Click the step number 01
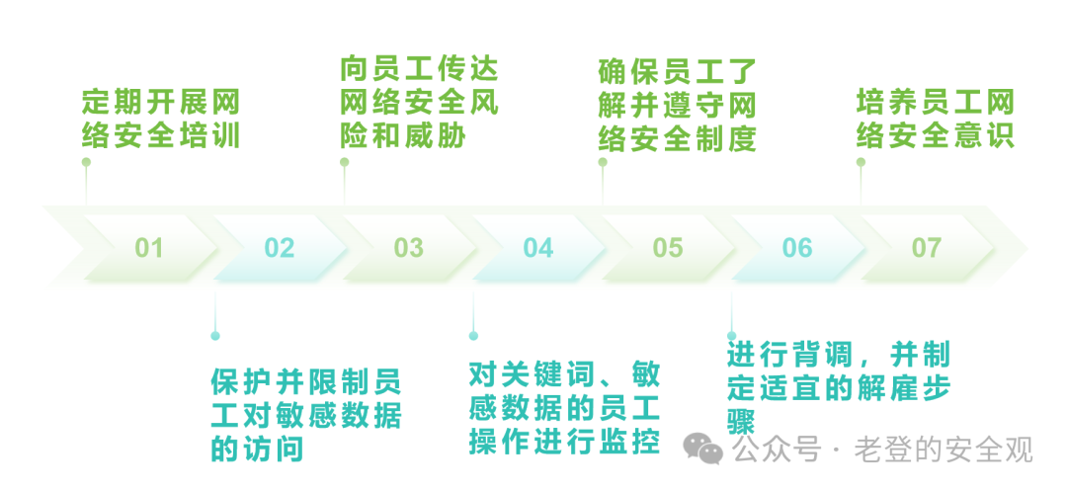[149, 247]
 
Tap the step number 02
[280, 247]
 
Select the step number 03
[408, 247]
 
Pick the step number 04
[538, 247]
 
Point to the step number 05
[668, 247]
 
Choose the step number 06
[797, 247]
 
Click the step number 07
[927, 247]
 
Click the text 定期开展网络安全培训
[160, 119]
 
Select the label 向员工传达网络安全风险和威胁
[419, 103]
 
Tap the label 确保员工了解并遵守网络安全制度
[678, 106]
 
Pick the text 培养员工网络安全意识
[936, 119]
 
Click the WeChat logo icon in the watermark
[705, 451]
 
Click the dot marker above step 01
[86, 162]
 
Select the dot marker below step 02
[215, 336]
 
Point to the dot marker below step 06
[732, 336]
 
